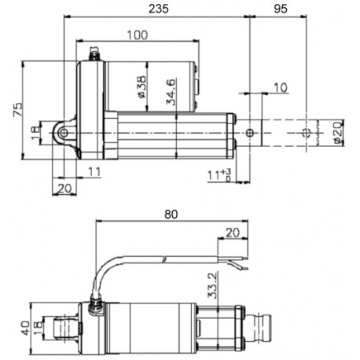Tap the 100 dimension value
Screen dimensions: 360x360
pos(134,35)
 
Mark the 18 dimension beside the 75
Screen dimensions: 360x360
pos(34,134)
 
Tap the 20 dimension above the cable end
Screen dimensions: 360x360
pos(232,233)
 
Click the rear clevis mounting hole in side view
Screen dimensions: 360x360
pos(64,134)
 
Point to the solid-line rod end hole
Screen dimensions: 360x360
pos(250,134)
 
